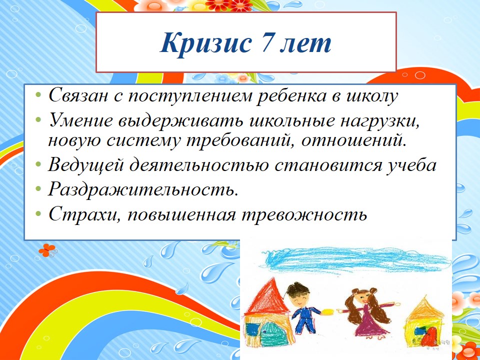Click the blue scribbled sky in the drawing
click(x=355, y=259)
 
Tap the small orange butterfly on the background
click(x=47, y=250)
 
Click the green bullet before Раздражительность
click(x=38, y=189)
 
